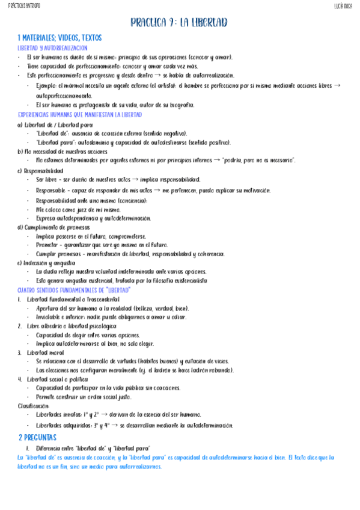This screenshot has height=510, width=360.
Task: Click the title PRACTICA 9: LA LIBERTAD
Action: tap(179, 23)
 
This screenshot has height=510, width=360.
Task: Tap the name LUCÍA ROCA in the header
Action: tap(343, 6)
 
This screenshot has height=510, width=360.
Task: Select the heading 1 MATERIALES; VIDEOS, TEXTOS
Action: tap(59, 37)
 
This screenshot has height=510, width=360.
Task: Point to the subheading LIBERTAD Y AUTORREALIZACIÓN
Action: tap(52, 48)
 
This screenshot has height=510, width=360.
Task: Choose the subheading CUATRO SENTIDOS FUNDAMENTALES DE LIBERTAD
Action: tap(75, 290)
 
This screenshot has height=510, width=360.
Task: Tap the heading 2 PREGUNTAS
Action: tap(37, 437)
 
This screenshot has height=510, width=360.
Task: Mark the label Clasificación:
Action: tap(34, 406)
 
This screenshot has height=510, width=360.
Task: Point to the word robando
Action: tap(219, 370)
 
